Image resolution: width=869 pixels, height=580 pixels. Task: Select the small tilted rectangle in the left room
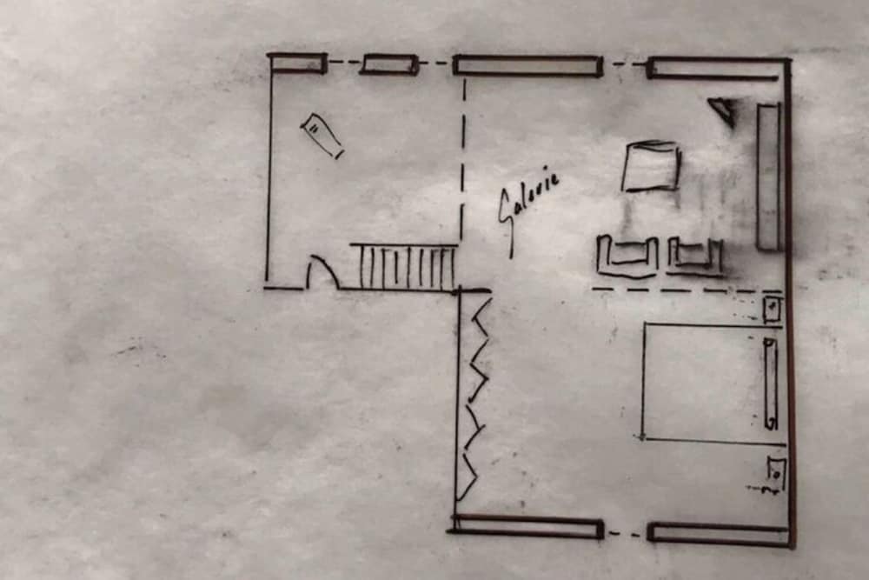point(322,136)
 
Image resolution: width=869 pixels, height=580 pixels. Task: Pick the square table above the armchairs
point(652,166)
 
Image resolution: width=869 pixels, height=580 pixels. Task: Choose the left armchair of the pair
point(627,257)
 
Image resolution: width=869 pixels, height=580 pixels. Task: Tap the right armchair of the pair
point(695,257)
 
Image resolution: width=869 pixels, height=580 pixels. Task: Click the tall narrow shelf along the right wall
point(768,177)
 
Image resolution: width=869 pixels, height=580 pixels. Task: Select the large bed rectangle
point(713,383)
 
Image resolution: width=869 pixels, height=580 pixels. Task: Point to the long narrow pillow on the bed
point(770,383)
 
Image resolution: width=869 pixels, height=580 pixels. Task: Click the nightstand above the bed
point(772,309)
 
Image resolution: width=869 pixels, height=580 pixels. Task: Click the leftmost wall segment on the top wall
point(297,63)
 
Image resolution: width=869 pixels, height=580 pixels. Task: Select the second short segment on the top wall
point(389,64)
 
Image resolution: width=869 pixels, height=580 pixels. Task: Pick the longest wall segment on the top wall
point(527,65)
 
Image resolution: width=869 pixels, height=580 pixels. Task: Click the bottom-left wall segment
point(527,527)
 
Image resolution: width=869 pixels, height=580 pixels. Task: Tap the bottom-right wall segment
point(719,533)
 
